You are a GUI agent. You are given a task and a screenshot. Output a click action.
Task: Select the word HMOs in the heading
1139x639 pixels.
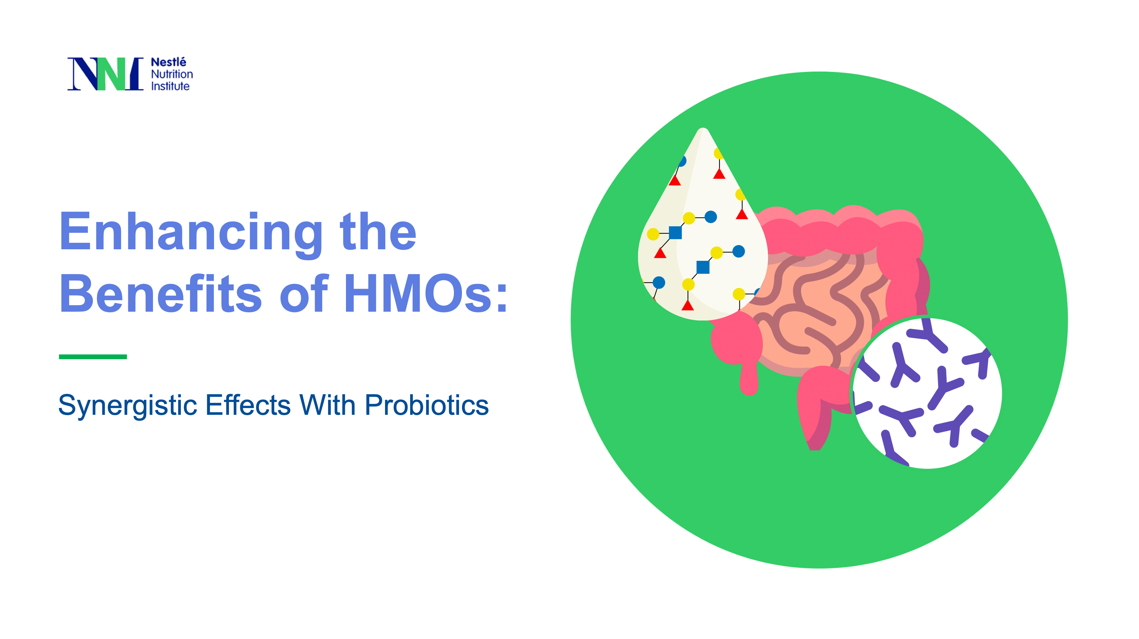pos(424,294)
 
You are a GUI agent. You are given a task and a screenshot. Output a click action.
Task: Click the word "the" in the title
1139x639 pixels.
pos(378,232)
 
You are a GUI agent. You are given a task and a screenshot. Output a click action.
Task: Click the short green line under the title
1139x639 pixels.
pos(93,356)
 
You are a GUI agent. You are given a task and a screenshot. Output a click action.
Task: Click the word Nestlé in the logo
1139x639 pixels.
pos(169,62)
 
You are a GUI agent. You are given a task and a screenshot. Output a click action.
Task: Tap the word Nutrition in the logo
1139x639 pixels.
pos(172,74)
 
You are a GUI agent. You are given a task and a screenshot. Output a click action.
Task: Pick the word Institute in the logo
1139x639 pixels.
pos(170,86)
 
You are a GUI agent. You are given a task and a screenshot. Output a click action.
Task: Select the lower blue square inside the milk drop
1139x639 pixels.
pos(702,267)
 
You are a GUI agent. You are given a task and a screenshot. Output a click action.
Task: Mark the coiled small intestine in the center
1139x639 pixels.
pos(818,310)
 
